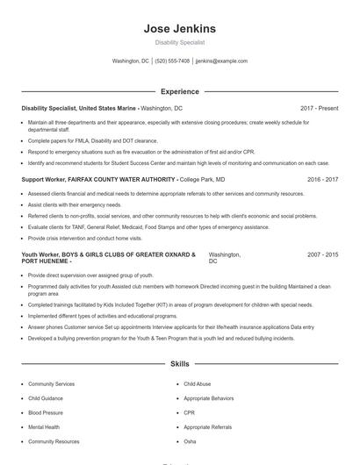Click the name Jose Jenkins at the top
(179, 29)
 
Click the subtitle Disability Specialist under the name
(179, 42)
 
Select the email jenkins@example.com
(221, 61)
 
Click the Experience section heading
(179, 91)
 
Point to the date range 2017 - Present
(319, 108)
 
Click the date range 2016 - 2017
(322, 179)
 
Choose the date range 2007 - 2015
(322, 254)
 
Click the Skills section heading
(179, 363)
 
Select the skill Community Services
(51, 384)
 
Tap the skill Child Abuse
(197, 384)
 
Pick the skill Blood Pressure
(46, 412)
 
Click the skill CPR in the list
(189, 412)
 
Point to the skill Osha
(190, 441)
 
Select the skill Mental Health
(44, 427)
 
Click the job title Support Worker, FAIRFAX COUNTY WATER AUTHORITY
(99, 179)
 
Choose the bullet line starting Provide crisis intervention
(84, 238)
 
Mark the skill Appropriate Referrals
(208, 427)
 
